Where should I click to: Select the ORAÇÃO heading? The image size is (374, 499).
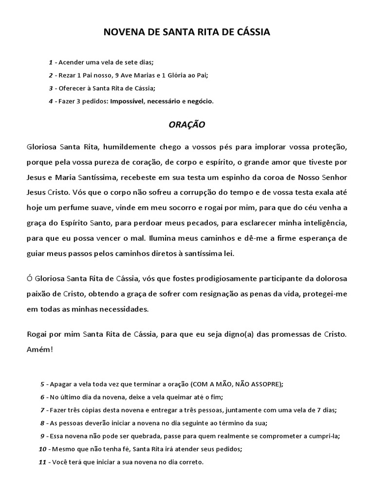(187, 124)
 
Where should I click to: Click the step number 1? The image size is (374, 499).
(51, 62)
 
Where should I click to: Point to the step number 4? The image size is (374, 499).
(51, 101)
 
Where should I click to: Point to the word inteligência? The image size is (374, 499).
(323, 223)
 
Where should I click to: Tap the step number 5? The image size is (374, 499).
(42, 384)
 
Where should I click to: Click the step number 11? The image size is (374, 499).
(42, 461)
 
